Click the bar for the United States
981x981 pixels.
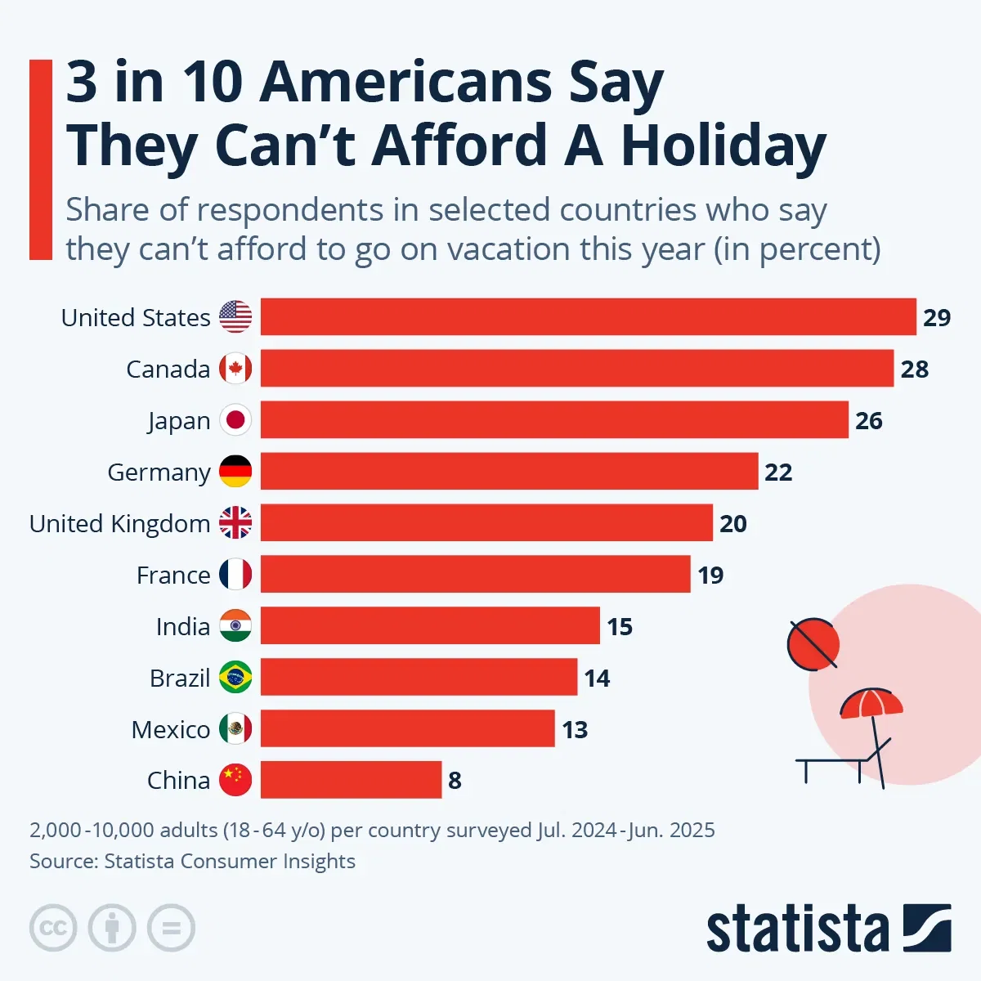tap(588, 316)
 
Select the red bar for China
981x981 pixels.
tap(351, 780)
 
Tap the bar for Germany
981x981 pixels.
tap(508, 472)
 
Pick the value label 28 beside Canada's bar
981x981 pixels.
tap(914, 369)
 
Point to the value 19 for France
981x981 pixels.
tap(710, 576)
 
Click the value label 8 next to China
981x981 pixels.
tap(455, 781)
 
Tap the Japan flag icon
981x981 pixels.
tap(235, 420)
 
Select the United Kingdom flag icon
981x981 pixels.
tap(235, 523)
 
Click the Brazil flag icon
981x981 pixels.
tap(235, 678)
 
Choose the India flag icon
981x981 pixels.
tap(235, 626)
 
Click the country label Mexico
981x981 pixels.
tap(170, 729)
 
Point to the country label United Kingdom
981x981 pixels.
tap(119, 523)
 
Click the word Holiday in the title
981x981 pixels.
tap(723, 146)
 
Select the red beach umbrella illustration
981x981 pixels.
tap(871, 705)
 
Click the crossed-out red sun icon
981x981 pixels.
tap(813, 644)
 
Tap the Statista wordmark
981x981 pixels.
tap(797, 929)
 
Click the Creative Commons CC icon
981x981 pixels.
tap(53, 928)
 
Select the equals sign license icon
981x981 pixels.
tap(171, 928)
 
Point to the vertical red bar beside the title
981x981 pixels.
tap(40, 159)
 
